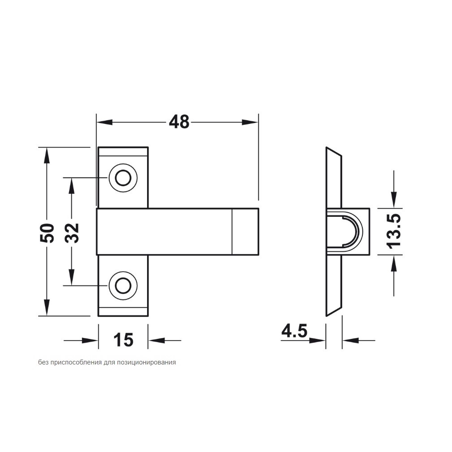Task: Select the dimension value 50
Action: point(47,233)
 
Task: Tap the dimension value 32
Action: point(72,233)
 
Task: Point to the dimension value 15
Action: point(123,340)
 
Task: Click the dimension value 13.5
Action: point(394,231)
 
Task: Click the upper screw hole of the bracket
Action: point(123,178)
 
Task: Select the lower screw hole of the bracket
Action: point(123,286)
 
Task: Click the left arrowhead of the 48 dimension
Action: point(104,122)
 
